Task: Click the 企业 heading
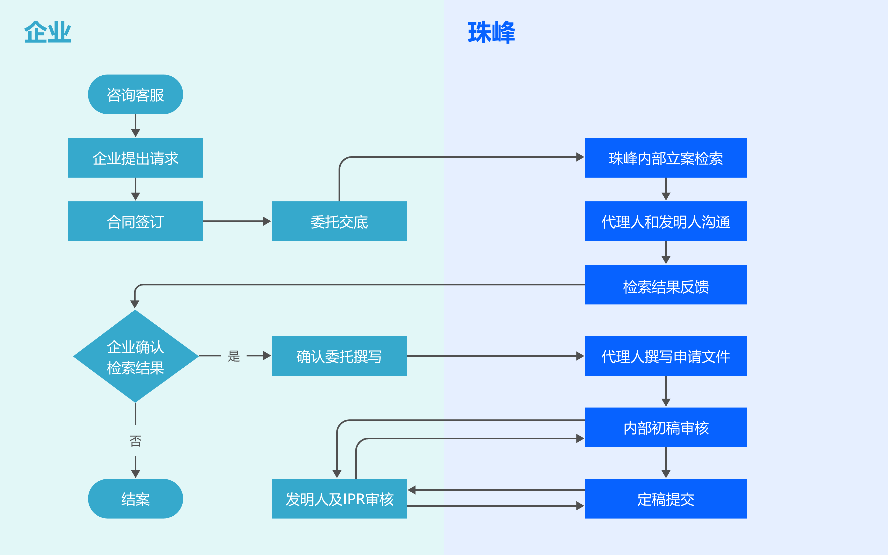click(x=48, y=32)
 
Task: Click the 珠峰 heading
click(x=491, y=32)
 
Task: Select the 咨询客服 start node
click(x=135, y=95)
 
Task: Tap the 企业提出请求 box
click(x=135, y=158)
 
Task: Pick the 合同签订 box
click(x=135, y=221)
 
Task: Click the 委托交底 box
click(x=339, y=221)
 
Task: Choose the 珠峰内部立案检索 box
click(x=666, y=158)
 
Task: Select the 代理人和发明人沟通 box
click(x=666, y=221)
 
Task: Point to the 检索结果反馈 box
click(x=666, y=285)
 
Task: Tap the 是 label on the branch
click(x=234, y=356)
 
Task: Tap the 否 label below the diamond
click(x=135, y=441)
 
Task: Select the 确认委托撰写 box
click(x=339, y=356)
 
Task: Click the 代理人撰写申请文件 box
click(x=666, y=356)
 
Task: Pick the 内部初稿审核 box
click(x=666, y=427)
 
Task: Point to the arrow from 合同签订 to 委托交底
click(x=237, y=221)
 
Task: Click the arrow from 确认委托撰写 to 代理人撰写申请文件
click(x=495, y=356)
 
